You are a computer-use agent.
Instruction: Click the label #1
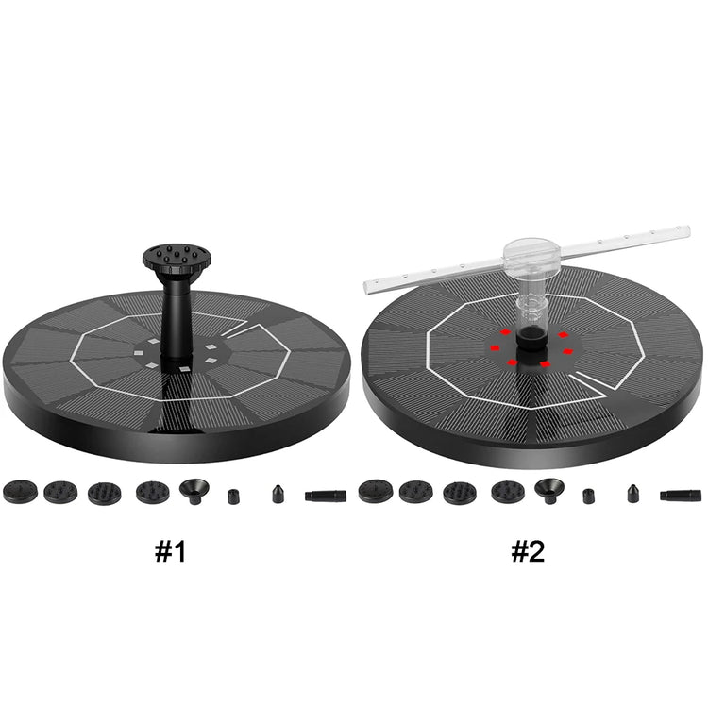click(171, 552)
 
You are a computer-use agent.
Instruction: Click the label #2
click(529, 552)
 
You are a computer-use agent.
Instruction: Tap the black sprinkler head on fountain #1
click(170, 257)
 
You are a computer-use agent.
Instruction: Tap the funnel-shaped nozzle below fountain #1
click(194, 490)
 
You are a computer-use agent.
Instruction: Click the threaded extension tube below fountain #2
click(681, 494)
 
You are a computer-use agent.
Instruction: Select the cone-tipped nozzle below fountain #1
click(278, 494)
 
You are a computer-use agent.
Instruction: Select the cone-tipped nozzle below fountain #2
click(632, 493)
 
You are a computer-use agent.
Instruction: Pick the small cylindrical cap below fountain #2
click(588, 495)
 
